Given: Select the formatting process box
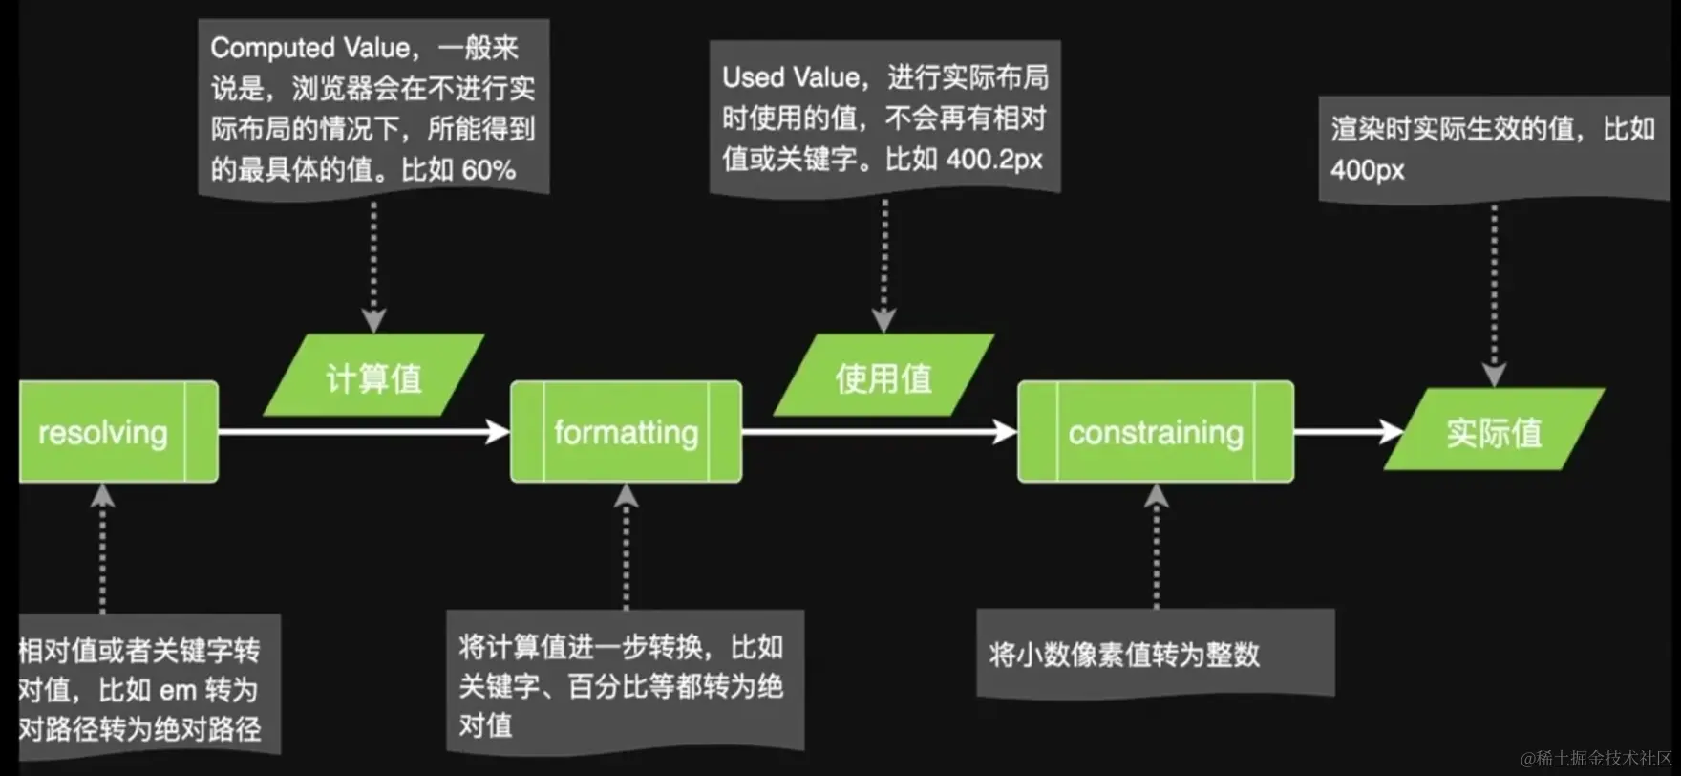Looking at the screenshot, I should [626, 432].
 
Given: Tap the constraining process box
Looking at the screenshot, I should [1156, 432].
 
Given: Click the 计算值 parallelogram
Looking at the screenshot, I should [373, 377].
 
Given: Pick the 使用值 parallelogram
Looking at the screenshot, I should [883, 377].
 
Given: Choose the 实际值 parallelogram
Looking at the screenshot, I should [1494, 431].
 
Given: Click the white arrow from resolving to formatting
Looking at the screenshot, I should [363, 432].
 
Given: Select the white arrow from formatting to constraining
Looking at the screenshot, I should [879, 432].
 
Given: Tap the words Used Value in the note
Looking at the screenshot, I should [791, 77].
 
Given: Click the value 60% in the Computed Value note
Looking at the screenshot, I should [488, 170].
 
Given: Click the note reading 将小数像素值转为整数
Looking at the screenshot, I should [1125, 655].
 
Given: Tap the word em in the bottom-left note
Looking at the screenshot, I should [178, 690].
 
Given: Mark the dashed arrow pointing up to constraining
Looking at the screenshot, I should [1156, 545].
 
